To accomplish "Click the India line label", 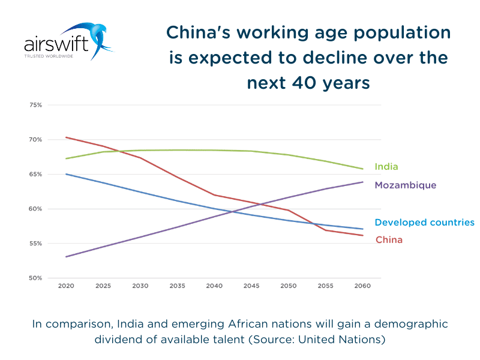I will point(386,167).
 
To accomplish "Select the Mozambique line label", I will point(405,185).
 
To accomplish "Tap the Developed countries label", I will point(424,223).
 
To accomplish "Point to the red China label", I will point(389,240).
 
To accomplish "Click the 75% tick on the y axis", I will point(35,105).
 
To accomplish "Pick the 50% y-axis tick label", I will point(35,278).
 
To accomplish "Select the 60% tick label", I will point(35,209).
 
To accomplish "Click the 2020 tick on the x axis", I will point(66,286).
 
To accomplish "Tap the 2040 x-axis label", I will point(214,286).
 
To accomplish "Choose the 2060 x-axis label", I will point(362,286).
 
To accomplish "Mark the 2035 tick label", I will point(177,286).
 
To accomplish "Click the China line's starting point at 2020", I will point(66,137).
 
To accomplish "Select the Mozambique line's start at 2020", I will point(66,257).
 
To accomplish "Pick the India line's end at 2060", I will point(362,169).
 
